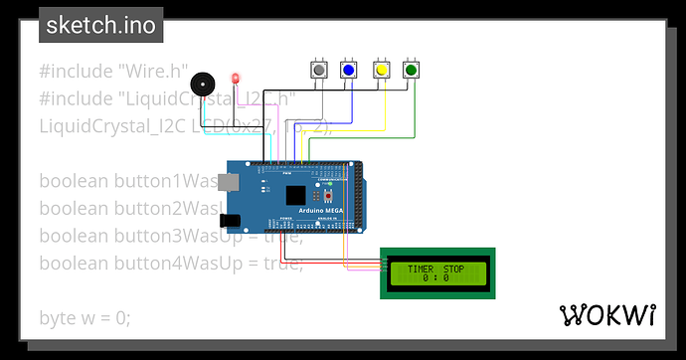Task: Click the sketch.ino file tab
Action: [x=101, y=26]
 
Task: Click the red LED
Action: [x=236, y=79]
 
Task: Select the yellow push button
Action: [x=380, y=71]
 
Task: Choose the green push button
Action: [x=411, y=71]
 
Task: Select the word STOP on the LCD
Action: [x=453, y=269]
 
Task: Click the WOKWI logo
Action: [x=608, y=315]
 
